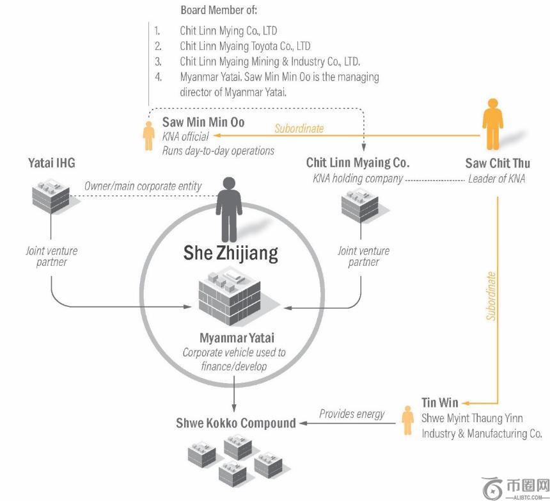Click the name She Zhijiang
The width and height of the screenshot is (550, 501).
click(x=230, y=252)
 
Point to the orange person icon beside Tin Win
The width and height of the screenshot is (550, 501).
click(x=407, y=420)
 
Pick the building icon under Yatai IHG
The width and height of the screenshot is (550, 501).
click(x=51, y=195)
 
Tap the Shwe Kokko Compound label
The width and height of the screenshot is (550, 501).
click(x=236, y=423)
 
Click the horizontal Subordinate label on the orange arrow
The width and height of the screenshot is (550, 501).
click(x=299, y=128)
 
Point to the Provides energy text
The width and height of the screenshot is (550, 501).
click(x=352, y=414)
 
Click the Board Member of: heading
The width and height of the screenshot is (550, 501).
click(x=219, y=10)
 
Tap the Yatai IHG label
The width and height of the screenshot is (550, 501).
click(x=51, y=163)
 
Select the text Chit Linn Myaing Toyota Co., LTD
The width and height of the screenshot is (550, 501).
click(x=245, y=46)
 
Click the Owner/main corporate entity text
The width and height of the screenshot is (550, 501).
click(x=143, y=186)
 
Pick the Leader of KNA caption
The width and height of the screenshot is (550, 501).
click(x=496, y=179)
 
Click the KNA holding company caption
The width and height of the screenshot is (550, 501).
click(x=357, y=179)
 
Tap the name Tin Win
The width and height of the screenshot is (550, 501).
click(x=439, y=403)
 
